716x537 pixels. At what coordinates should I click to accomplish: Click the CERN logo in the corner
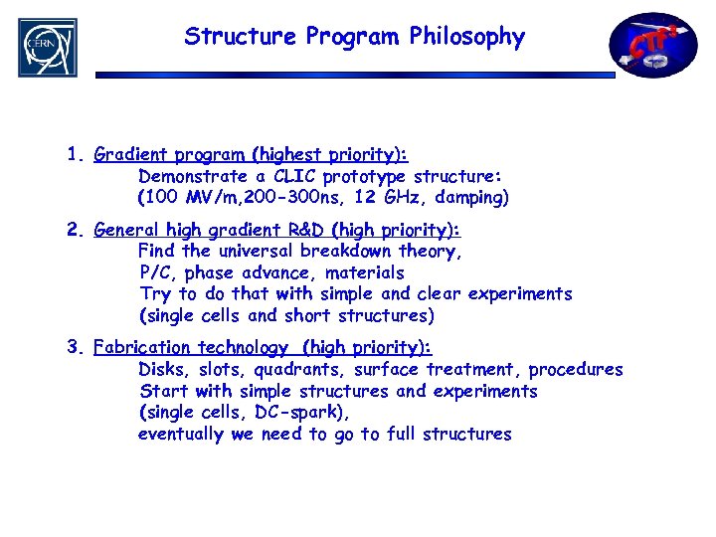coord(47,47)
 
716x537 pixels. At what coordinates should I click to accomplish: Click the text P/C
coord(157,272)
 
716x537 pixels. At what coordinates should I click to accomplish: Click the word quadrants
coord(295,369)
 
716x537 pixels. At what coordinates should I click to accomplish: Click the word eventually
coord(182,434)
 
